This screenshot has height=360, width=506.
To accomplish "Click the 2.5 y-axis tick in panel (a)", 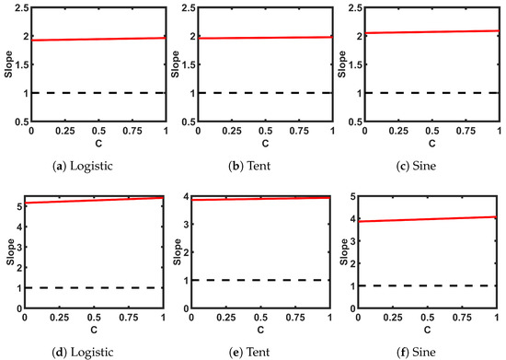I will coord(20,9).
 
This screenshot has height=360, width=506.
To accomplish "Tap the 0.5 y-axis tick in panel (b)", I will coord(188,122).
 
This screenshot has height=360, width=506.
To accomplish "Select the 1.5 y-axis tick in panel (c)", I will coord(355,65).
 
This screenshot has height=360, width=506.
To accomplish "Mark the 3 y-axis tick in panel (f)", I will coord(360,242).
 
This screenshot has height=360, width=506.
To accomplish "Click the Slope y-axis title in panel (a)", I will coord(6,65).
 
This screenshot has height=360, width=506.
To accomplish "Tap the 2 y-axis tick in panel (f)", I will coord(360,264).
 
